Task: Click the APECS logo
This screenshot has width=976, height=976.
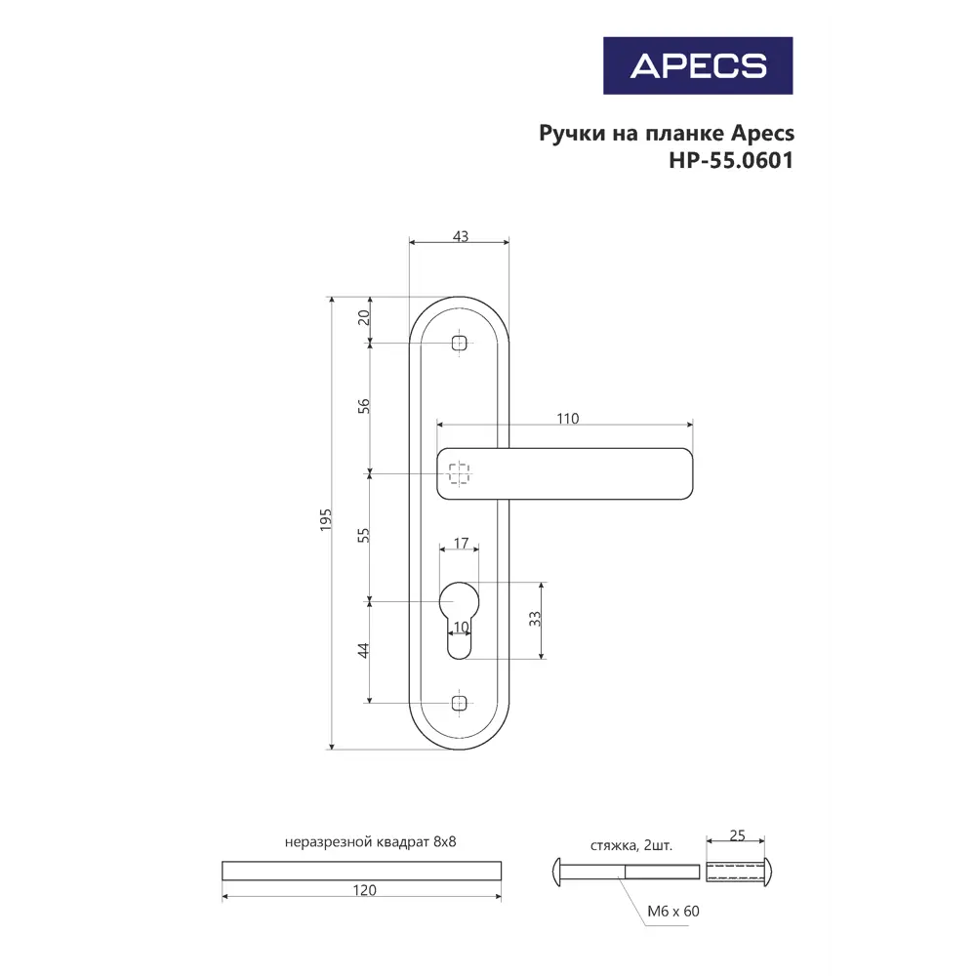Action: click(x=697, y=65)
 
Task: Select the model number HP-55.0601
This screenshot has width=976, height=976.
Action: click(x=730, y=161)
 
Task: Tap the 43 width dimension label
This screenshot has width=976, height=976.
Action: click(x=461, y=236)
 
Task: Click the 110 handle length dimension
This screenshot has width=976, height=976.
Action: click(x=567, y=419)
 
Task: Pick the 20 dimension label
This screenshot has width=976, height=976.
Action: click(x=363, y=317)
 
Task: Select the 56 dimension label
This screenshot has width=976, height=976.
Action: click(x=363, y=406)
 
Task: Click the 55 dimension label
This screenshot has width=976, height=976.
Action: click(x=363, y=536)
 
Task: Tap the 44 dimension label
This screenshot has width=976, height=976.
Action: click(x=363, y=650)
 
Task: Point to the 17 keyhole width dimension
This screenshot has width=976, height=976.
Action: click(x=461, y=543)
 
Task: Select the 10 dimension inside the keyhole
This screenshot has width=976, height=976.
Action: click(x=461, y=627)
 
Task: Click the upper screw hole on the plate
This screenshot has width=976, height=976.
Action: click(x=460, y=343)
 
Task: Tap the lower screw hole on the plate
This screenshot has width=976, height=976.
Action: click(x=460, y=702)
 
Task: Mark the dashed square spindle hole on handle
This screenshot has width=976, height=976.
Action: click(x=459, y=474)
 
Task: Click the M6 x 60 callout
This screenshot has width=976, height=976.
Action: click(x=673, y=911)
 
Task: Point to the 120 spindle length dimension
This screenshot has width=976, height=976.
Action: click(x=363, y=890)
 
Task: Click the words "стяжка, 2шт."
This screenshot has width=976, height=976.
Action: click(x=630, y=845)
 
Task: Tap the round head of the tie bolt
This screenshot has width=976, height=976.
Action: click(x=558, y=870)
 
